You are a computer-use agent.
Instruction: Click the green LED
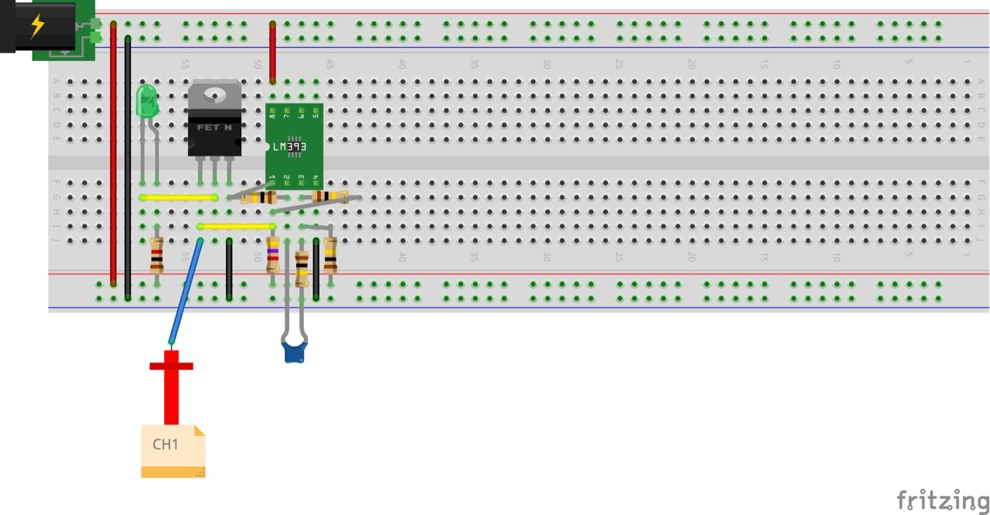[146, 101]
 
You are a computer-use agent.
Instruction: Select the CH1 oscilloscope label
[166, 445]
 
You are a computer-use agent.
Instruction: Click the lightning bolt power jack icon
[37, 26]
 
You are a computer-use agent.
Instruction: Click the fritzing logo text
[942, 500]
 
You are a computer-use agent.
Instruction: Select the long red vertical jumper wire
[114, 155]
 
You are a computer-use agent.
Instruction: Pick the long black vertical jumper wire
[128, 166]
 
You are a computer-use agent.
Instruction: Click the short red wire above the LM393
[272, 53]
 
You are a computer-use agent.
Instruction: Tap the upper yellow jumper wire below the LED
[179, 197]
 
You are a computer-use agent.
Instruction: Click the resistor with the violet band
[272, 254]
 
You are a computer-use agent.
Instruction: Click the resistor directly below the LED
[157, 256]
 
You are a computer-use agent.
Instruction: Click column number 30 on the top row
[547, 64]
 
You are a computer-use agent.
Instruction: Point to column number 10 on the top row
[836, 64]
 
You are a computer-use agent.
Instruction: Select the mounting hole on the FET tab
[215, 94]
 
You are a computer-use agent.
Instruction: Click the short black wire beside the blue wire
[230, 269]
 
